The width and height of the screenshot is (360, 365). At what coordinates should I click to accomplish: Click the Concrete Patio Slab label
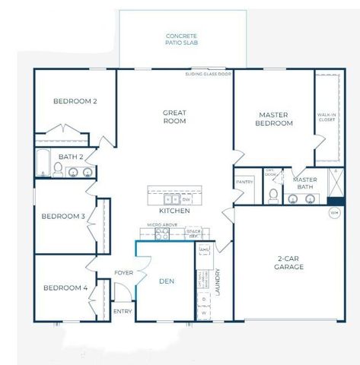(x=182, y=40)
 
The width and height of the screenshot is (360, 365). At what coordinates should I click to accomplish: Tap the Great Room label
(x=174, y=117)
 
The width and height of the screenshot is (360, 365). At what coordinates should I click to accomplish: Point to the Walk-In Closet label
(x=327, y=117)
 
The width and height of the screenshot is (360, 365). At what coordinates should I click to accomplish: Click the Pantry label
(x=244, y=182)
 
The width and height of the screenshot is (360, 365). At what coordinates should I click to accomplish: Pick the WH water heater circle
(x=333, y=213)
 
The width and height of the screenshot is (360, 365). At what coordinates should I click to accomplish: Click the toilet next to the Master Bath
(x=272, y=197)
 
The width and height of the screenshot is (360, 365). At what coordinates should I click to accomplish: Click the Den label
(x=167, y=281)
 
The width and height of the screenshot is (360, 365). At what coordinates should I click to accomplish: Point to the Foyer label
(x=124, y=272)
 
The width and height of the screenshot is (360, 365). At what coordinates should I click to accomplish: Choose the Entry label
(x=122, y=311)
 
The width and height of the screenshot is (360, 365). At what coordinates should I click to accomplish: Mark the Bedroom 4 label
(x=65, y=287)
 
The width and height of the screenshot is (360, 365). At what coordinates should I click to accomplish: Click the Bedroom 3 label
(x=63, y=216)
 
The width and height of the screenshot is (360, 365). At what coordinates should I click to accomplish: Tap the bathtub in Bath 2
(x=43, y=163)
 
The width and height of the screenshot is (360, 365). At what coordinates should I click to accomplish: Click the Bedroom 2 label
(x=75, y=100)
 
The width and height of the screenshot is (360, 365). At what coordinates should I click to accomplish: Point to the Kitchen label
(x=174, y=211)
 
